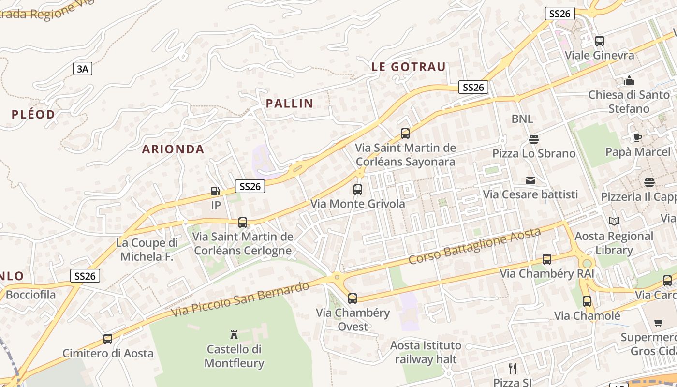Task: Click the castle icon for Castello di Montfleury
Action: tap(234, 334)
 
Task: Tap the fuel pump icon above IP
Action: tap(216, 191)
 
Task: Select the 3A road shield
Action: tap(83, 69)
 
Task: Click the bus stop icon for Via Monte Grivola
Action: tap(358, 190)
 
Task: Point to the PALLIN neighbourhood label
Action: tap(290, 103)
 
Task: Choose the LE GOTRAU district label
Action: tap(408, 67)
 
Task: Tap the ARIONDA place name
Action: tap(173, 149)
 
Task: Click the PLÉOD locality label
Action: tap(33, 114)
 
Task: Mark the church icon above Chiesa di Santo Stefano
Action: tap(629, 80)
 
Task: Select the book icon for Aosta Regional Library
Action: tap(614, 222)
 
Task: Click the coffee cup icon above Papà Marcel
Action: tap(638, 137)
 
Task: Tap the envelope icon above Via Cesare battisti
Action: tap(530, 180)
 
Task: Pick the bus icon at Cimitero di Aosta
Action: tap(108, 339)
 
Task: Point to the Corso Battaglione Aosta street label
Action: tap(474, 246)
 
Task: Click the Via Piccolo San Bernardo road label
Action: tap(240, 299)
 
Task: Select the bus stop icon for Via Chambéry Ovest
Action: tap(353, 298)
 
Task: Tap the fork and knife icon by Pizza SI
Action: tap(513, 369)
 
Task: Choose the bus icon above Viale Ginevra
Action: tap(600, 41)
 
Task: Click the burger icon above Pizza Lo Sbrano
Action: tap(534, 139)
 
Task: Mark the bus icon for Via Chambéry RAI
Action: tap(547, 259)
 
